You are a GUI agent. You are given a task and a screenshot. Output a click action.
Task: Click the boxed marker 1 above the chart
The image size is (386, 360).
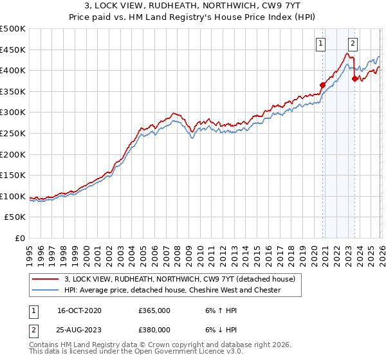tap(320, 44)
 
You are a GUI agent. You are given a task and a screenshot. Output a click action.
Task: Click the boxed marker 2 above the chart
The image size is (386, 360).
tap(353, 44)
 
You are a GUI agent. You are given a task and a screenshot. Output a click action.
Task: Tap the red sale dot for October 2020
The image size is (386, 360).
tap(323, 85)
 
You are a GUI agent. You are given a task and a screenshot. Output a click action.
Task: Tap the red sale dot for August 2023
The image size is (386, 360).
tap(354, 78)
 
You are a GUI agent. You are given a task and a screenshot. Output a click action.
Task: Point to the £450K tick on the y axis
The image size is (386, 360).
tap(13, 50)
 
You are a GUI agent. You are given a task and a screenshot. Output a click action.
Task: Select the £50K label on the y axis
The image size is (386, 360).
tap(15, 217)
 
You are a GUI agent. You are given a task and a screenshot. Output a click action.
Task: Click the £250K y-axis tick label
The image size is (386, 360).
tap(13, 133)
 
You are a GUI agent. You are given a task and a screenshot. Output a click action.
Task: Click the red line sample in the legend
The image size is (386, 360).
tap(46, 279)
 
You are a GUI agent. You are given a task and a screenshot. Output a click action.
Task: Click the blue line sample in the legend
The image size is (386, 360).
tap(46, 290)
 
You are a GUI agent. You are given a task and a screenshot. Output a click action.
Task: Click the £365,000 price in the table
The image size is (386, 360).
tap(154, 310)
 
